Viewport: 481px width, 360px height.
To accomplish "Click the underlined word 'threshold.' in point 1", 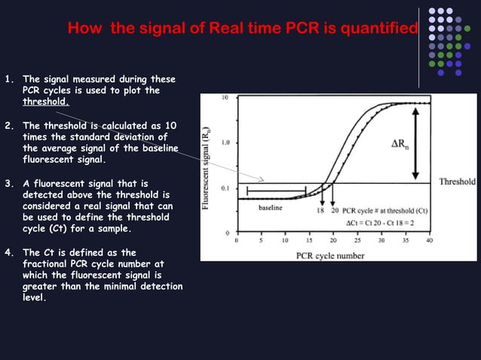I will click(46, 102).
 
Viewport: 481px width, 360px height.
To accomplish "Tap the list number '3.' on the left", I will click(9, 183).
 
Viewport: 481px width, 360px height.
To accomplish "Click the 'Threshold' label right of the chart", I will click(457, 182).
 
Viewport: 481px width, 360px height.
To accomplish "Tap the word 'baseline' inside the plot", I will click(270, 206).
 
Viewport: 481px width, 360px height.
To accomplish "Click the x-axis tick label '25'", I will click(357, 241).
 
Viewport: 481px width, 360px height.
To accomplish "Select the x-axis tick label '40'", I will click(429, 241).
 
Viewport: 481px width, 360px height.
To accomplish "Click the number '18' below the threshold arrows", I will click(321, 211).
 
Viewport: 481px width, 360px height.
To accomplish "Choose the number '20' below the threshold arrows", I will click(334, 211).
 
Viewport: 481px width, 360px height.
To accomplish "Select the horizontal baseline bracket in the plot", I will click(276, 191).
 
